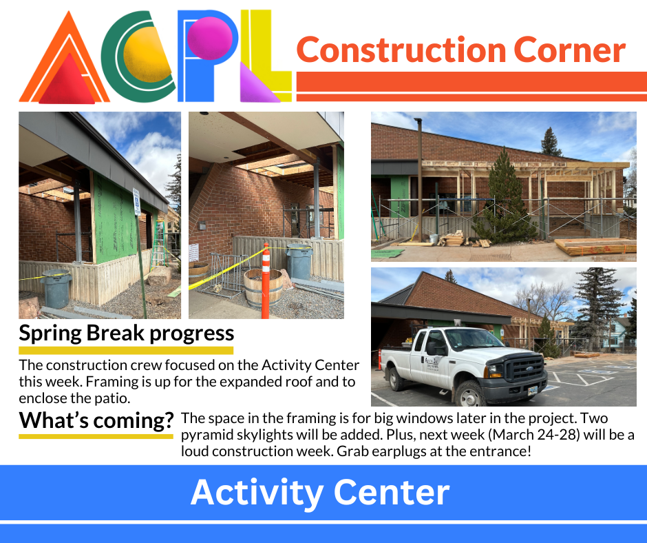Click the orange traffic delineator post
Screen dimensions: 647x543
tap(266, 281)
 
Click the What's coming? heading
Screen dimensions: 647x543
tap(96, 420)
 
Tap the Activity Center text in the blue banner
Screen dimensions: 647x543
tap(320, 492)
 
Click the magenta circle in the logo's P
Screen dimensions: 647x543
tap(210, 38)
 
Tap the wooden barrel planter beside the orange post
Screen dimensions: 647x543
tap(263, 287)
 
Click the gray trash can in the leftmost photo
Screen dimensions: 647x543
tap(56, 289)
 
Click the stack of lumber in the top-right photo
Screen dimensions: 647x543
tap(595, 247)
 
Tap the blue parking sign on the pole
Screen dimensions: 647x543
tap(136, 202)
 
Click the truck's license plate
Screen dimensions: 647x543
tap(533, 390)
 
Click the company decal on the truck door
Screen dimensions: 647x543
tap(432, 365)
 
